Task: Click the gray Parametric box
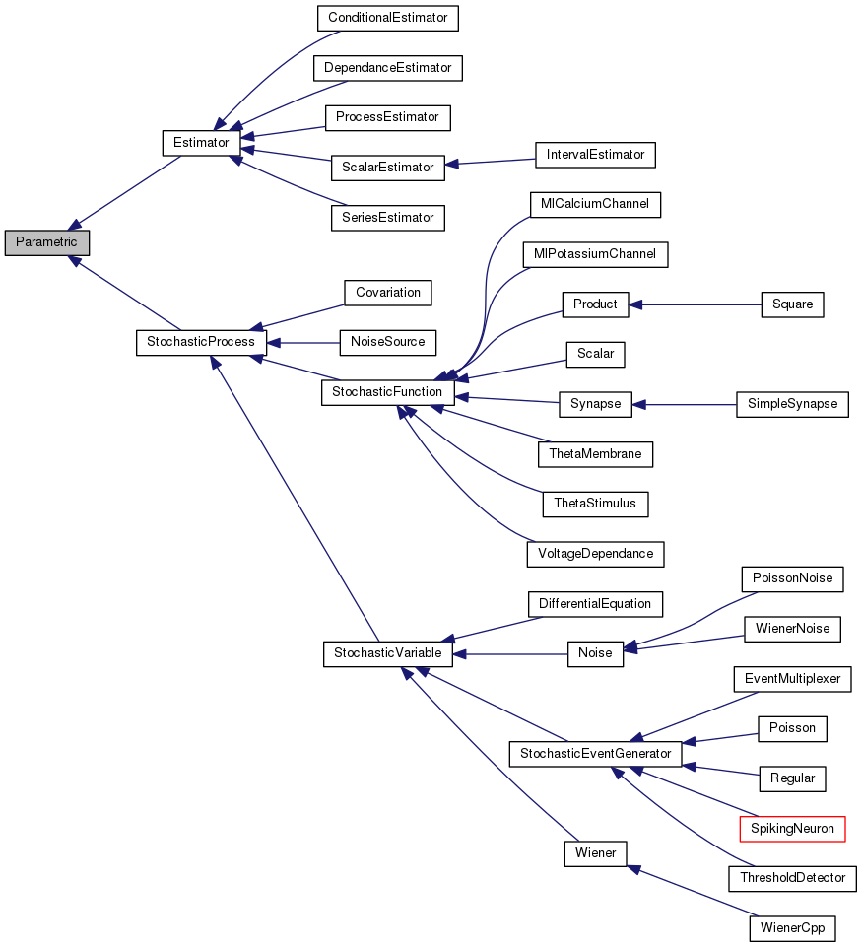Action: (46, 242)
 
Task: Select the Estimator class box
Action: (201, 143)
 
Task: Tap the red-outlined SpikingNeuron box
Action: (792, 828)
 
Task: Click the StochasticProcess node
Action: (201, 342)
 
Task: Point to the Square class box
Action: (792, 304)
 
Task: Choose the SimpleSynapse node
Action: (792, 404)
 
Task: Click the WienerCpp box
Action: (792, 927)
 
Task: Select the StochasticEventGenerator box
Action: (594, 754)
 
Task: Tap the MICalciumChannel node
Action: (594, 205)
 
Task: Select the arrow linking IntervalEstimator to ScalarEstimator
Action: (490, 162)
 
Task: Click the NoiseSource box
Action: (387, 342)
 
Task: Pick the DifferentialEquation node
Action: (595, 603)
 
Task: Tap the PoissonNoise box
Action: (792, 578)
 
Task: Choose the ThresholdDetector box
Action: (792, 877)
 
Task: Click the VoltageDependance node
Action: (595, 554)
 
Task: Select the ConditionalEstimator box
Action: (387, 18)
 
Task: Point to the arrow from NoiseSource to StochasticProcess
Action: (302, 342)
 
